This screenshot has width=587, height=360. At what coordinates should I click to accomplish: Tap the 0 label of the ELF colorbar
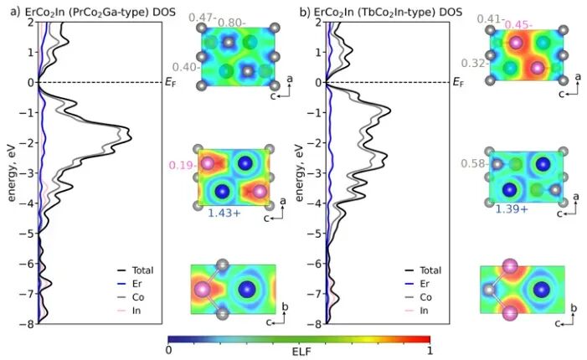tap(169, 352)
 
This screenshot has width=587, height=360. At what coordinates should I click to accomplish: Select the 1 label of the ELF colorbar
tap(429, 352)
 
